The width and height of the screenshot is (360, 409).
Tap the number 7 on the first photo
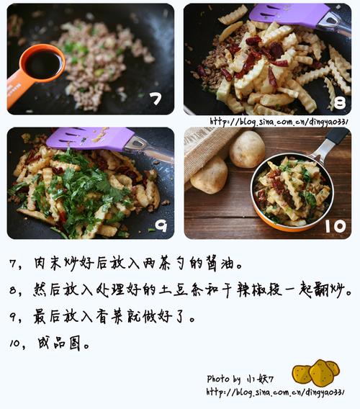tap(154, 98)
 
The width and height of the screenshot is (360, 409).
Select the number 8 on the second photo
tap(338, 101)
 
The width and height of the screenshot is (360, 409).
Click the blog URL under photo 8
tap(278, 121)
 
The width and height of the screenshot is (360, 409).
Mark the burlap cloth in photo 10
tap(205, 148)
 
